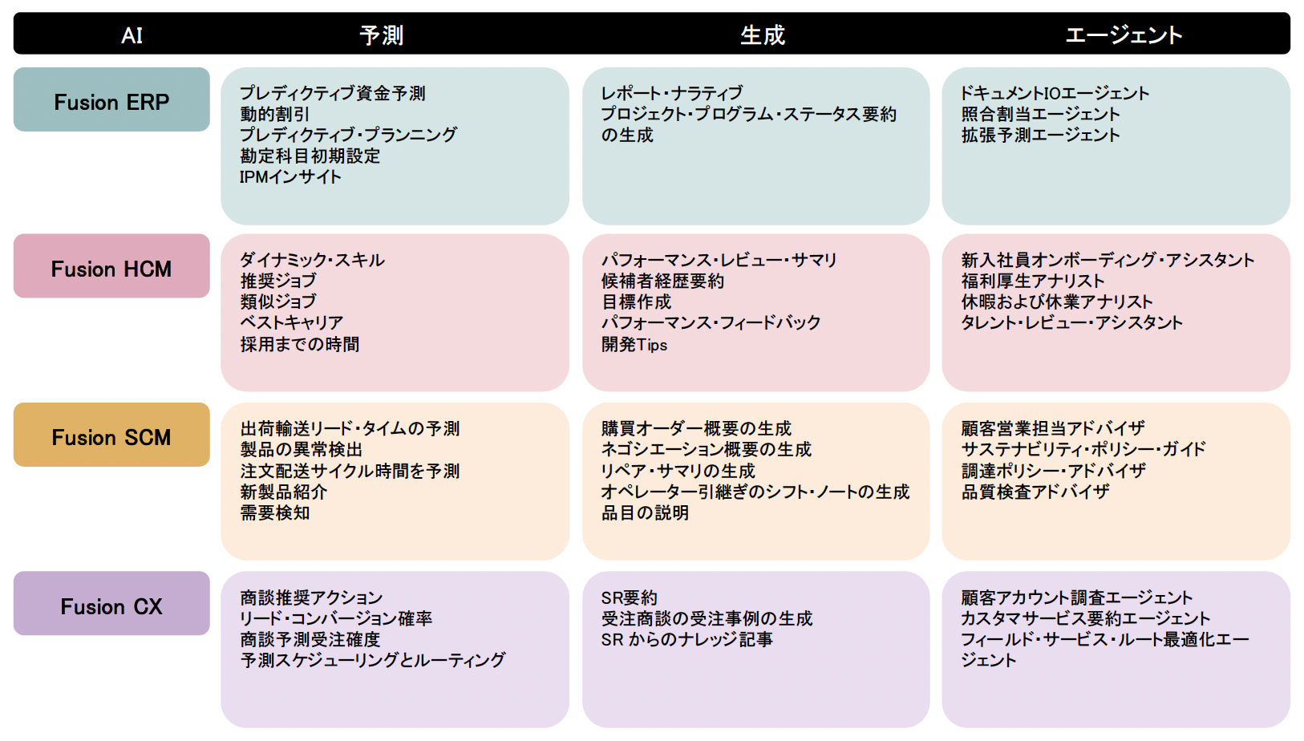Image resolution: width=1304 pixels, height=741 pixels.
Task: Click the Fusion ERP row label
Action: point(111,102)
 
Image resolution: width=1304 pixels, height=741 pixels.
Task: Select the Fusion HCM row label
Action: point(111,269)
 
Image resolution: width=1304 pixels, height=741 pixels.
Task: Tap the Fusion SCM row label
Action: point(111,437)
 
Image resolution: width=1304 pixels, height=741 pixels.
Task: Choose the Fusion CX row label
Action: point(111,606)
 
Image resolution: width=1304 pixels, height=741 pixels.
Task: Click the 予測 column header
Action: point(382,35)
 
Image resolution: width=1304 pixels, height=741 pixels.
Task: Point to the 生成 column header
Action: point(763,35)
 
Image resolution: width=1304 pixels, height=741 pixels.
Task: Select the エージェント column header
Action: point(1124,35)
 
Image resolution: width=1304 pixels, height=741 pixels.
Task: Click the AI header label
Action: point(132,35)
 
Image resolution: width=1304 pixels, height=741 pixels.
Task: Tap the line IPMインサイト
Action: point(290,177)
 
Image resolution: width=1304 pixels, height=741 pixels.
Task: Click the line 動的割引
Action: point(274,115)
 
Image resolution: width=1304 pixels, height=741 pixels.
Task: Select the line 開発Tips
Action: point(634,345)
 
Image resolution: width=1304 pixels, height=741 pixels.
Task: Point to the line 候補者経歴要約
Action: point(662,281)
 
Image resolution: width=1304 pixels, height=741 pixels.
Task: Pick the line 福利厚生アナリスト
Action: point(1033,281)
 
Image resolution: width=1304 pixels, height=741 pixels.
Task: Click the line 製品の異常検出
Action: point(302,450)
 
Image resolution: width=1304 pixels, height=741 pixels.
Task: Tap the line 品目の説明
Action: point(645,513)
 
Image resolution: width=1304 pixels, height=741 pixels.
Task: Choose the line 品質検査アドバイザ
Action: point(1035,492)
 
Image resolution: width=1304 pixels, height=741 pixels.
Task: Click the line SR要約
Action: point(630,598)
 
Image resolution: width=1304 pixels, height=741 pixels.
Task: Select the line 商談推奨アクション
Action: point(311,598)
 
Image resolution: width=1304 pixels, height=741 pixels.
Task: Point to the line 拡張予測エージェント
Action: point(1040,136)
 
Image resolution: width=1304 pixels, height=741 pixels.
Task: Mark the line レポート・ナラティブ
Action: point(672,94)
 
